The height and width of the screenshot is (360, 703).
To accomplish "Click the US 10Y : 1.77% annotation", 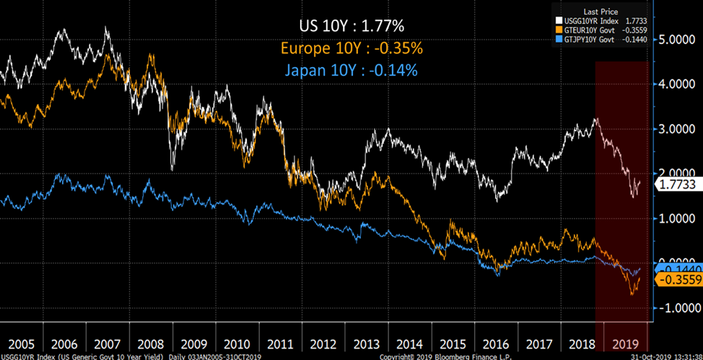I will pos(351,27).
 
